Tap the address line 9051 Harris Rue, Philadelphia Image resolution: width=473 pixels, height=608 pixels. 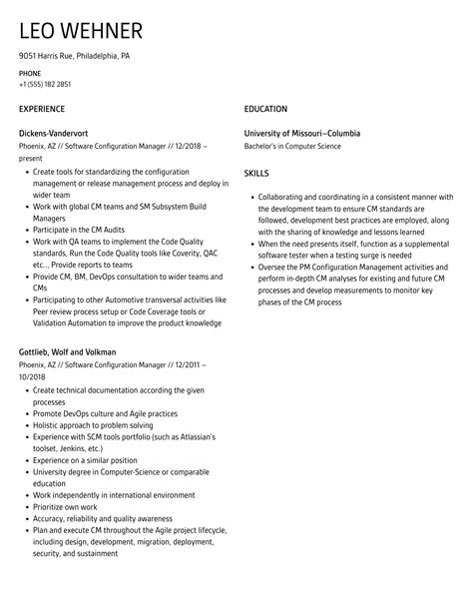click(74, 56)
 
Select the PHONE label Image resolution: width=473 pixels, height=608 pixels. click(30, 74)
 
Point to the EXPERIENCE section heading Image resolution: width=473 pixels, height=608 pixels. click(42, 109)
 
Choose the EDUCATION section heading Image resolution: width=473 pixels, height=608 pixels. click(265, 109)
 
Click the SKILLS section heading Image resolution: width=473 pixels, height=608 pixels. click(256, 173)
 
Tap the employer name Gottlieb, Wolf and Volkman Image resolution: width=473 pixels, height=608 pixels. click(68, 351)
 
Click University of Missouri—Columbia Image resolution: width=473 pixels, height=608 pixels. click(302, 133)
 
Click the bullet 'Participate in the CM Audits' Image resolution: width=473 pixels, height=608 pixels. click(80, 230)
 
